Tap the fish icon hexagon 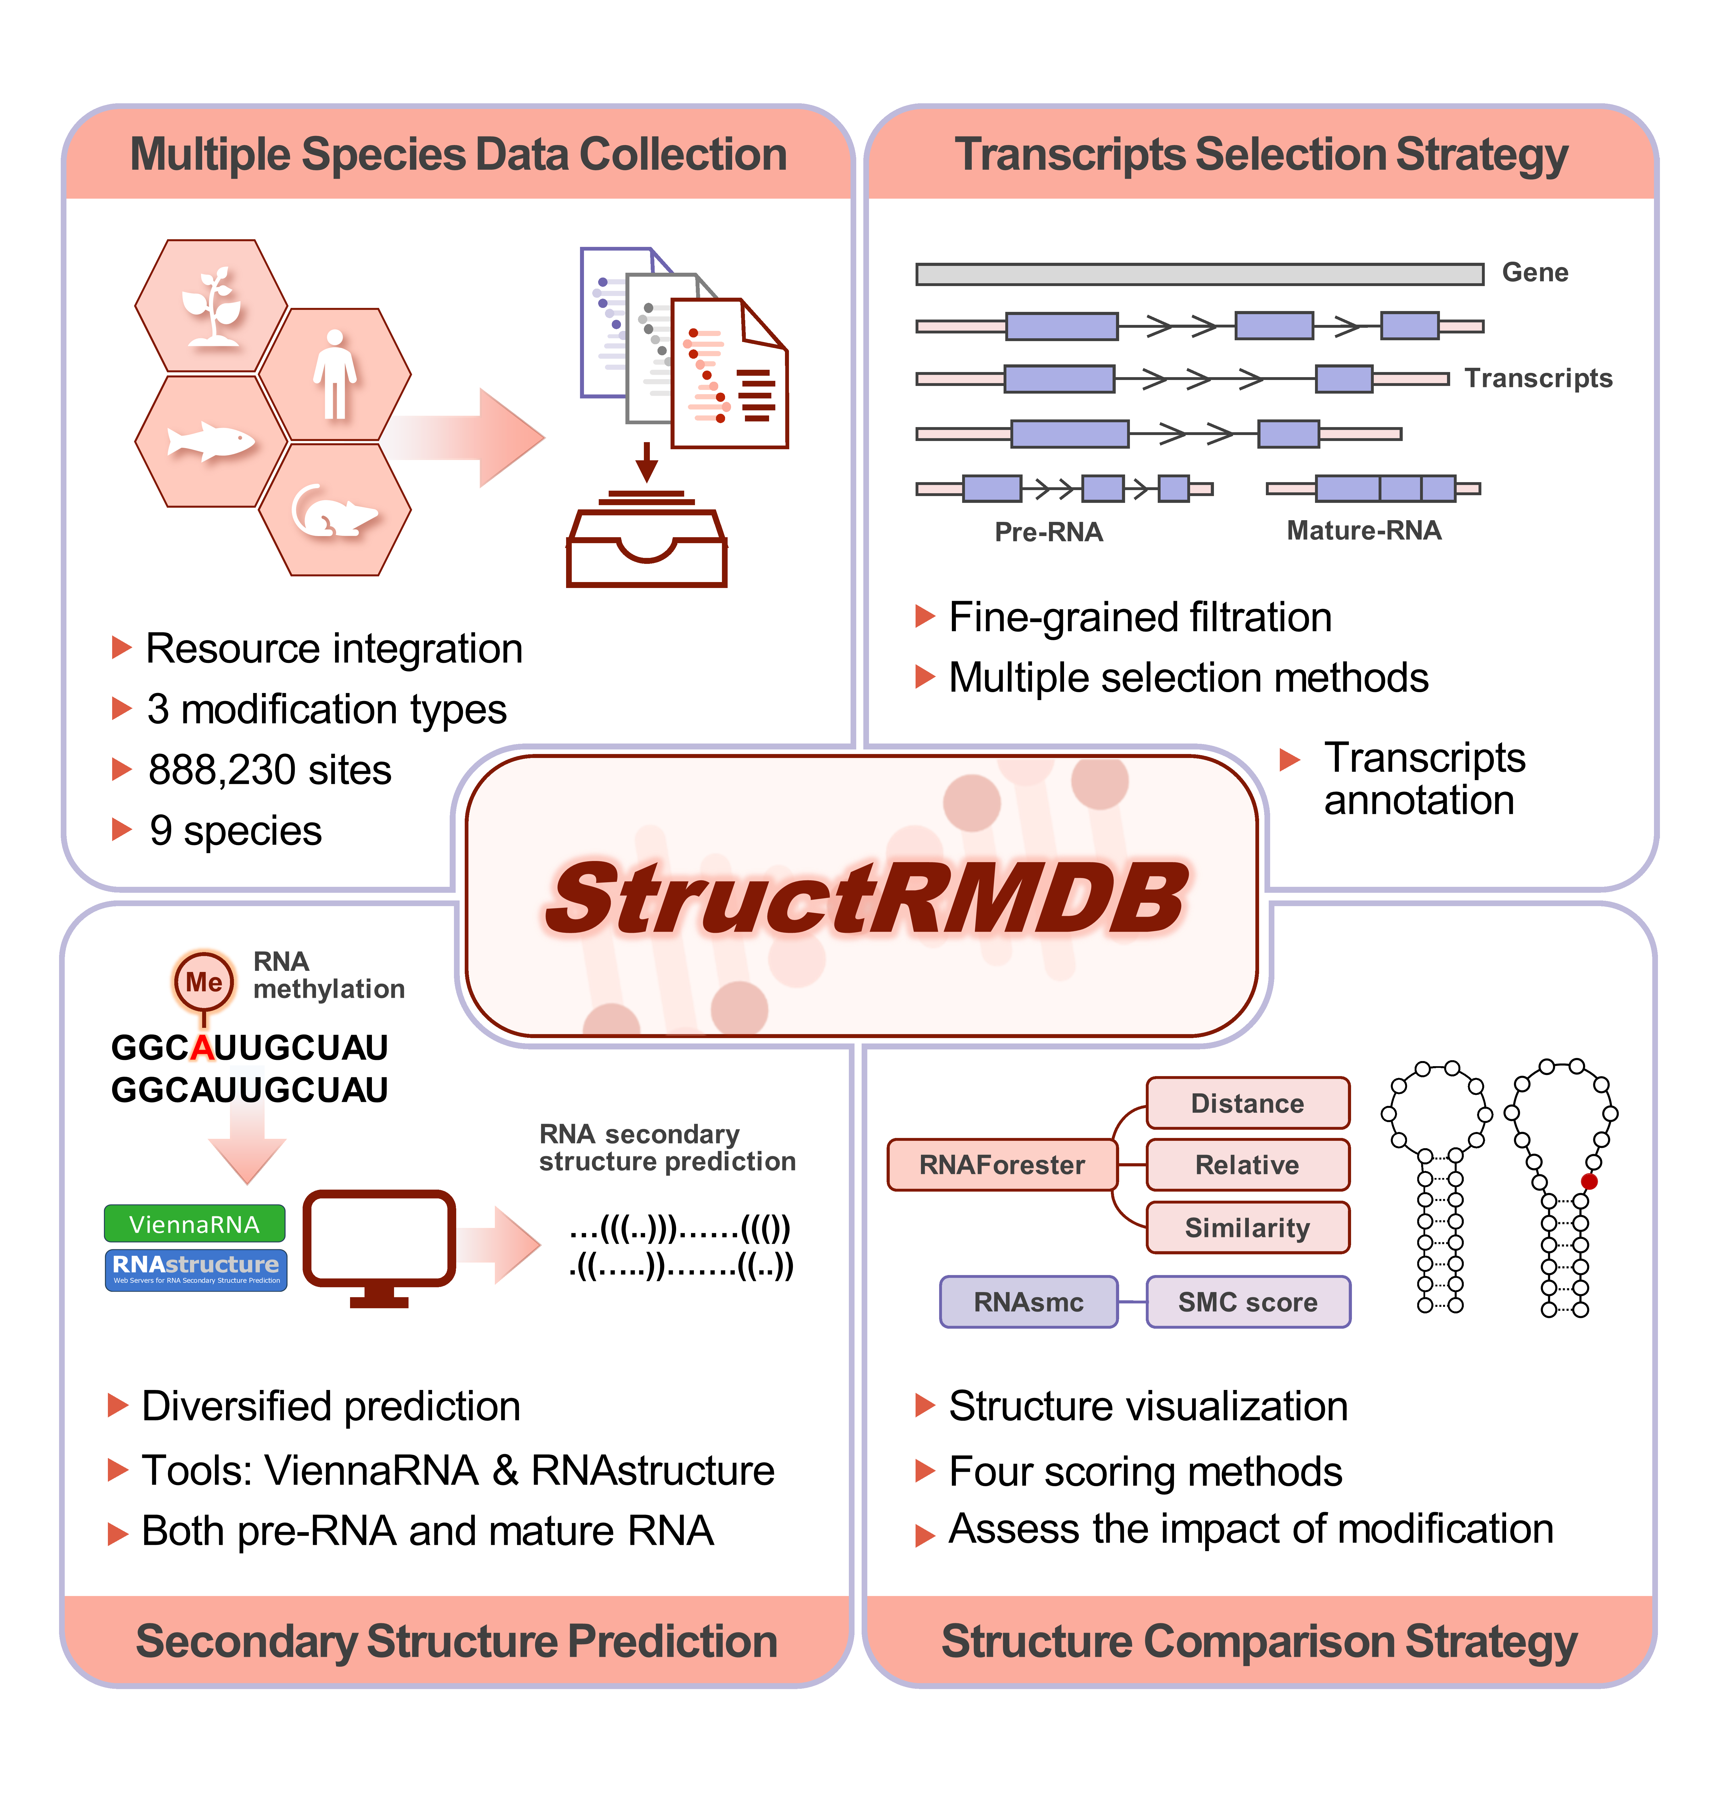[212, 441]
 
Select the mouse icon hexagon [334, 510]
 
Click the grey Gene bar [1199, 274]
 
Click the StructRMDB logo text [865, 898]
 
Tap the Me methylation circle [203, 982]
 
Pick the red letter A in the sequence [202, 1048]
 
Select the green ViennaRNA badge [195, 1223]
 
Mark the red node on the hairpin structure [1589, 1181]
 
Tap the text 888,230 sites [270, 770]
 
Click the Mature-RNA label [1364, 531]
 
